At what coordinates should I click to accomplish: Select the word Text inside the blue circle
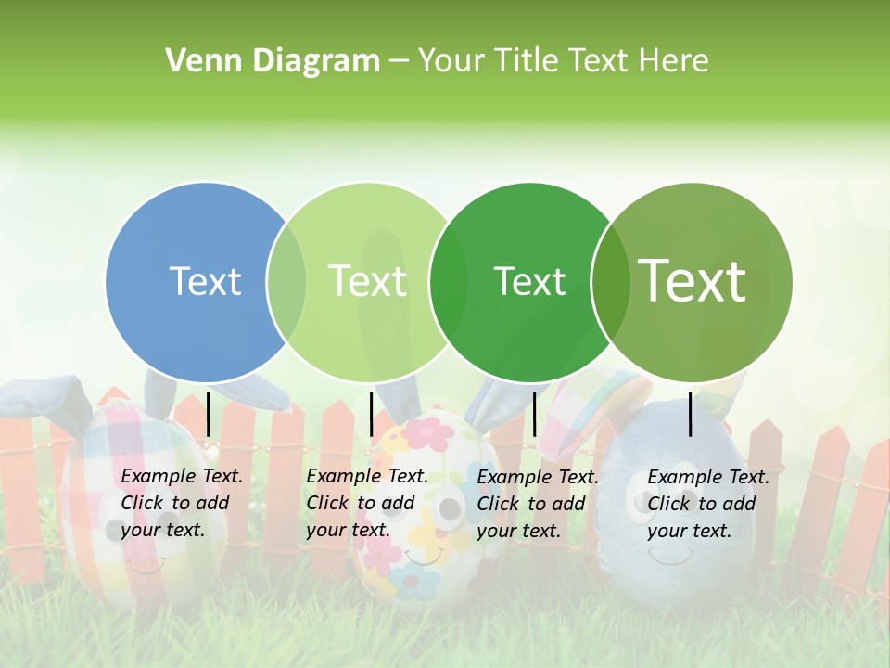[205, 281]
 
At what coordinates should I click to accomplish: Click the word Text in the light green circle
[367, 281]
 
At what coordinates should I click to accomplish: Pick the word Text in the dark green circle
[529, 281]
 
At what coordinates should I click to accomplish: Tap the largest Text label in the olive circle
[692, 280]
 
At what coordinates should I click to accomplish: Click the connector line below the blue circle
[209, 414]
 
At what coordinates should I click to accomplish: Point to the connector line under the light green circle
[371, 414]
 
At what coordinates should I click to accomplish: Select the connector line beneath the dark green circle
[534, 414]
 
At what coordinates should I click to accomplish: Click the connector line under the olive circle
[691, 414]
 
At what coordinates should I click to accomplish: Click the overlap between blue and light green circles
[286, 282]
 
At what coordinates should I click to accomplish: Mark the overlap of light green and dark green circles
[449, 282]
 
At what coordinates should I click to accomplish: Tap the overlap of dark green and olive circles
[610, 282]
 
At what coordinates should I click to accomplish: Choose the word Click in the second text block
[328, 503]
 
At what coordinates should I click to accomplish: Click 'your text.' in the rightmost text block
[689, 531]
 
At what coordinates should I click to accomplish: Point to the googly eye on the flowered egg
[450, 508]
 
